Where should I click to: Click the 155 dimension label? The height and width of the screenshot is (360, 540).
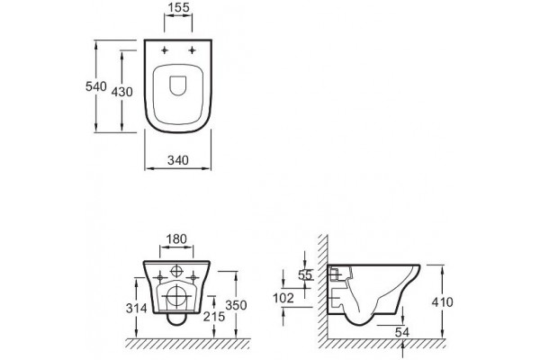tap(179, 7)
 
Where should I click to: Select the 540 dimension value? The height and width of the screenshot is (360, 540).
tap(96, 86)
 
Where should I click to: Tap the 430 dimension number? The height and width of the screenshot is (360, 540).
tap(121, 92)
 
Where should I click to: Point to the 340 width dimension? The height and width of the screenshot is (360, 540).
tap(178, 160)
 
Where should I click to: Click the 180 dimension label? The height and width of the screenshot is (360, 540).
tap(176, 238)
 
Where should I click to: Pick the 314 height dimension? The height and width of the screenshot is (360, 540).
tap(137, 308)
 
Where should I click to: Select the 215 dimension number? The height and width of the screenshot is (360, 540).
tap(214, 316)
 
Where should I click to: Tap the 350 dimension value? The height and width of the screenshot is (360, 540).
tap(236, 305)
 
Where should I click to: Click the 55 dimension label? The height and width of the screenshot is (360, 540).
tap(305, 274)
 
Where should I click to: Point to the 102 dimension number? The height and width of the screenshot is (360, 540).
tap(283, 298)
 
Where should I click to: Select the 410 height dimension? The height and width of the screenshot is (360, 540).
tap(443, 302)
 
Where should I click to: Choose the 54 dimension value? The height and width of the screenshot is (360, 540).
tap(402, 332)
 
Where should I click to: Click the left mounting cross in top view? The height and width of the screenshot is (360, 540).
tap(165, 50)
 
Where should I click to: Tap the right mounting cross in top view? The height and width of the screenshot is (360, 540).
tap(192, 50)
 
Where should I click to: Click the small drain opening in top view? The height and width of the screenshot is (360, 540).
tap(178, 85)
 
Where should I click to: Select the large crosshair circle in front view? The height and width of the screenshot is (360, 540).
tap(177, 296)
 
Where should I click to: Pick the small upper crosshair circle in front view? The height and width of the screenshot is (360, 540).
tap(176, 271)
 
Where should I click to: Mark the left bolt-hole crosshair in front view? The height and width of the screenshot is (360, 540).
tap(160, 277)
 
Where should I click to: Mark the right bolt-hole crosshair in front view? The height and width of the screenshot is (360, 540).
tap(193, 277)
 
